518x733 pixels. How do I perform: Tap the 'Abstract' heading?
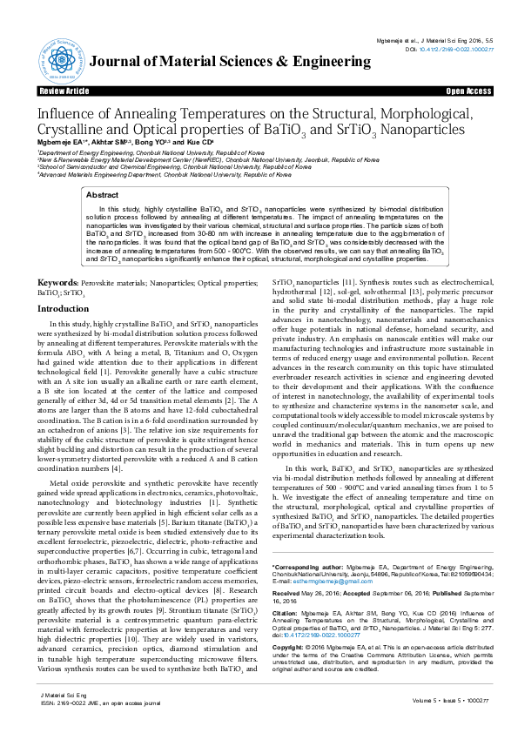[102, 196]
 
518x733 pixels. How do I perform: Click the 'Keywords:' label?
[58, 259]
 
